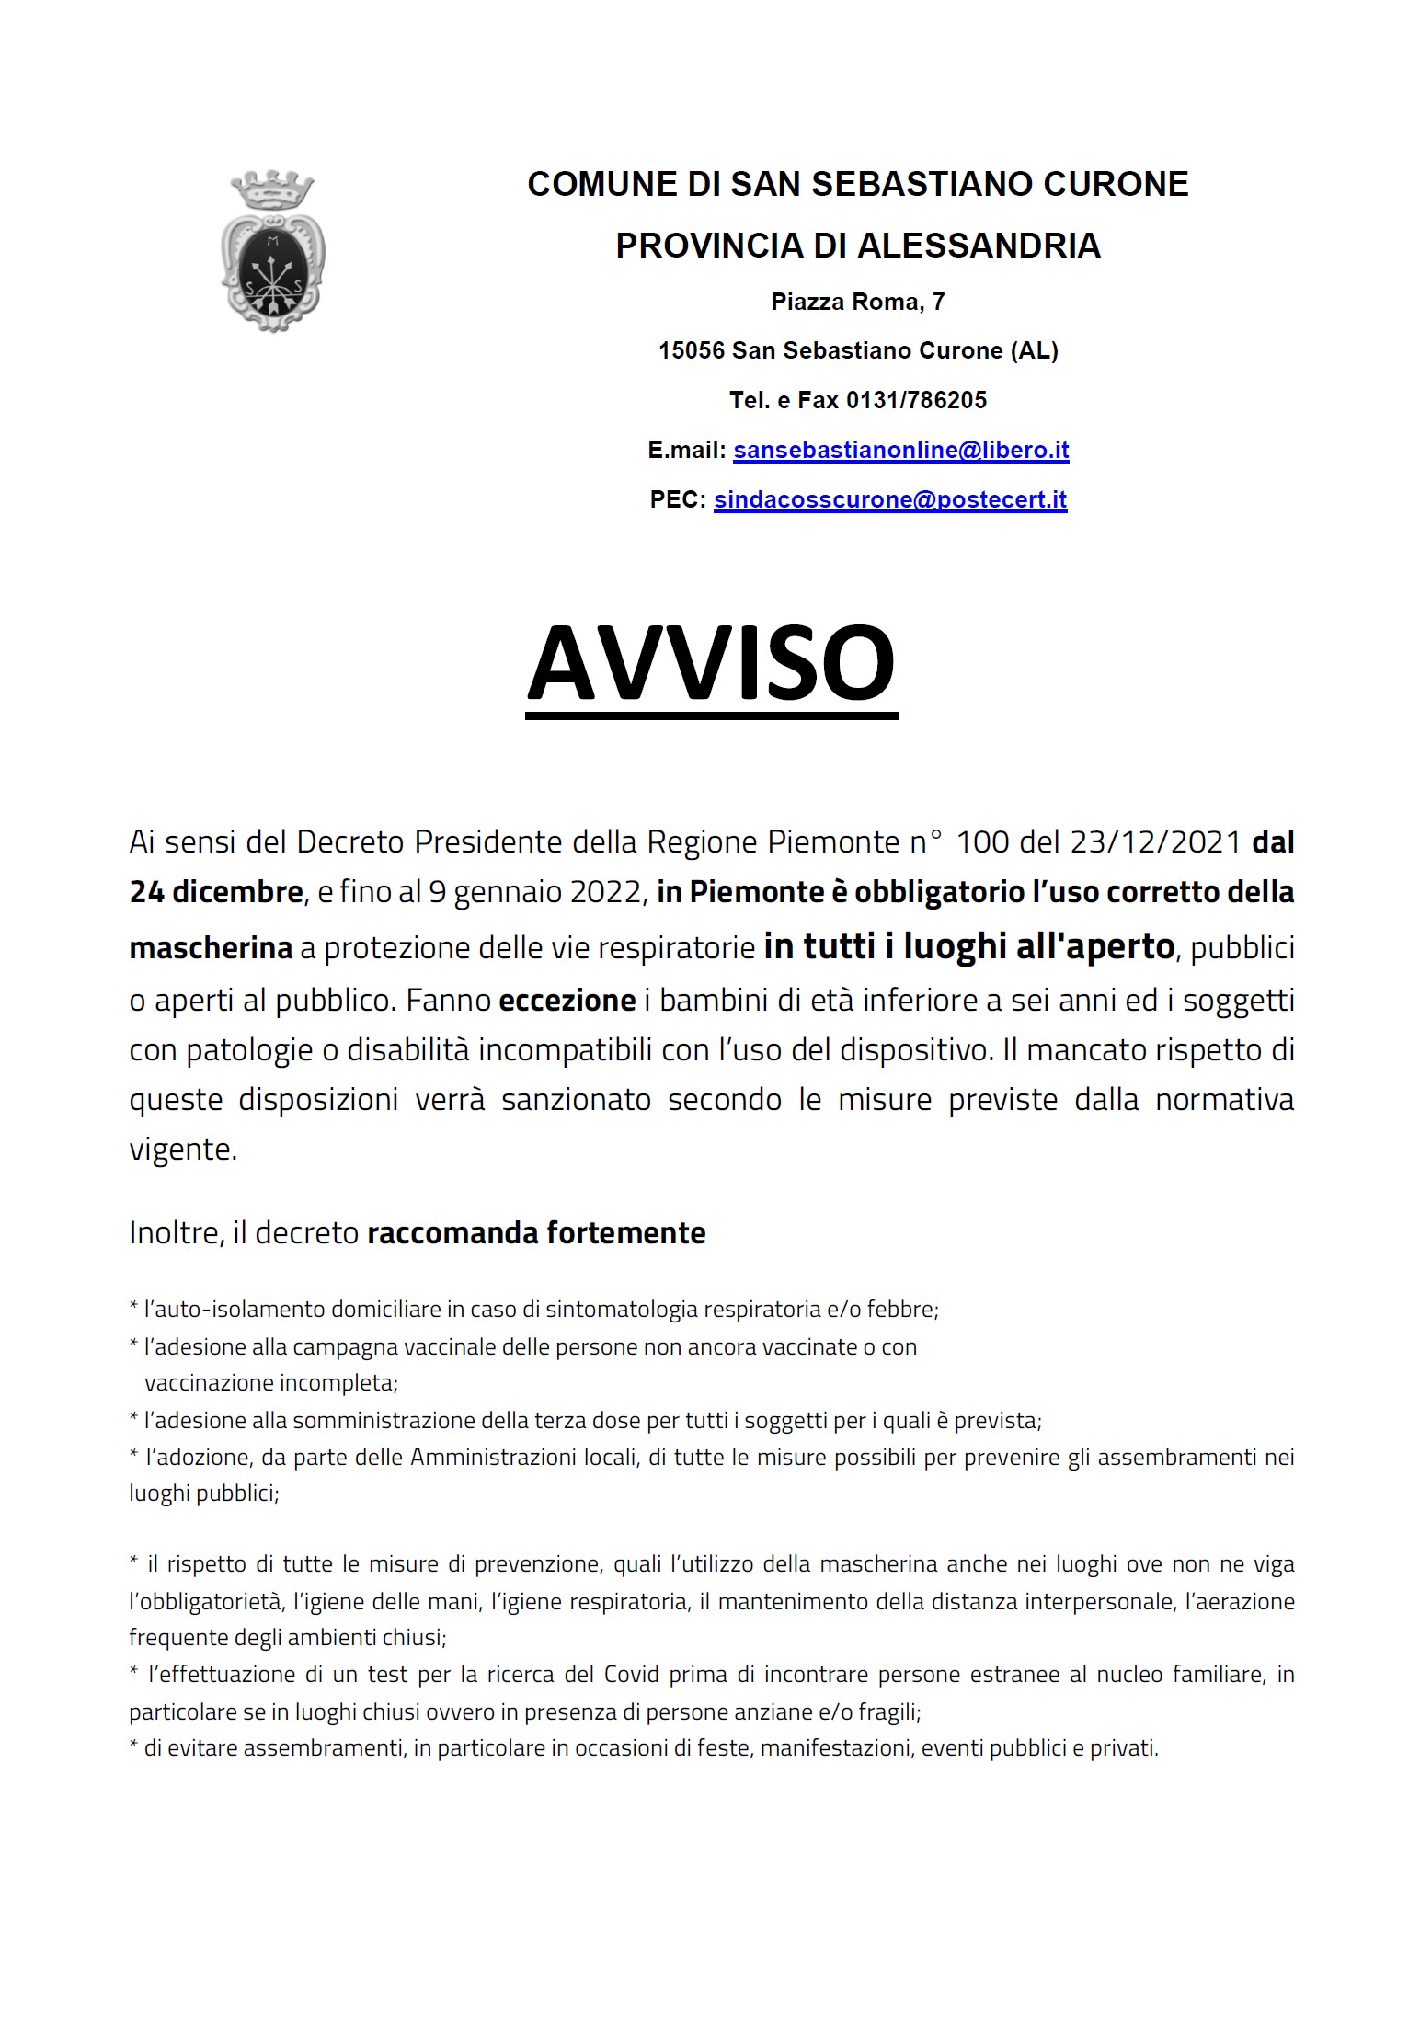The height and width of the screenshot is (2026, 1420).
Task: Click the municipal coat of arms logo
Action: tap(273, 251)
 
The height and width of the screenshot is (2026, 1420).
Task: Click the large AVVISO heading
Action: tap(711, 664)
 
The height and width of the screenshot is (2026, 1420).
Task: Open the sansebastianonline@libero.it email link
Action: tap(900, 450)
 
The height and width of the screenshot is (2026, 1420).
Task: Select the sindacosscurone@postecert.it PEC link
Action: tap(889, 499)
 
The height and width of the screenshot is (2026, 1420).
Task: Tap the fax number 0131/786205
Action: tap(916, 400)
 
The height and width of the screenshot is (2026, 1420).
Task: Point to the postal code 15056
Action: tap(692, 350)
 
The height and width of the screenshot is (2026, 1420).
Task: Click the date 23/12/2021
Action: tap(1156, 841)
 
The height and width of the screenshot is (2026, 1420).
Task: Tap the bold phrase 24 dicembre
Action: tap(216, 891)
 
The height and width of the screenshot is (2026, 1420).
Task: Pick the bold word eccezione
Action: tap(567, 1000)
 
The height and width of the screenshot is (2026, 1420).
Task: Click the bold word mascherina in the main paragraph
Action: tap(211, 947)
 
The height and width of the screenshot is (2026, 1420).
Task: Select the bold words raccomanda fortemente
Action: tap(536, 1232)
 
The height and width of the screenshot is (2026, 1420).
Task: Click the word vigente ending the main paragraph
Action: tap(182, 1149)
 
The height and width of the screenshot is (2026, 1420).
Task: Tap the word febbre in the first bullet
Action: tap(906, 1309)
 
